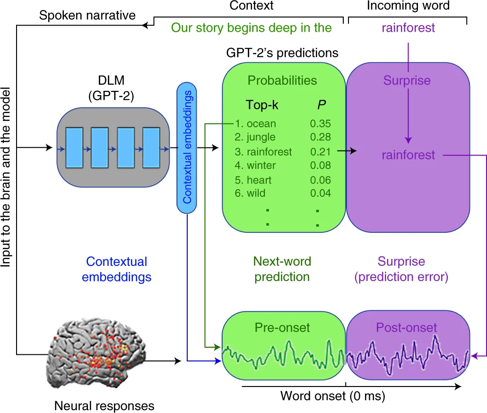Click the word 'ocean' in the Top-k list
261,124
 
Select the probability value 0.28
320,138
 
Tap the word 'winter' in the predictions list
261,166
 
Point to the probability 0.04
320,193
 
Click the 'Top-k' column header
262,105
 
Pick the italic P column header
321,105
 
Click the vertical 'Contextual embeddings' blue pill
187,147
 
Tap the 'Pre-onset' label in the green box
282,327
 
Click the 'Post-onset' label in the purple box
407,327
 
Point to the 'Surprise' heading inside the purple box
407,80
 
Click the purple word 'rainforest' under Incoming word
409,28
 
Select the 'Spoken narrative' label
87,15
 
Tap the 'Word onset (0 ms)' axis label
333,395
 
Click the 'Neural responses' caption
104,405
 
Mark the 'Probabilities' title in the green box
282,80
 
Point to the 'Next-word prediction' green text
282,269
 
